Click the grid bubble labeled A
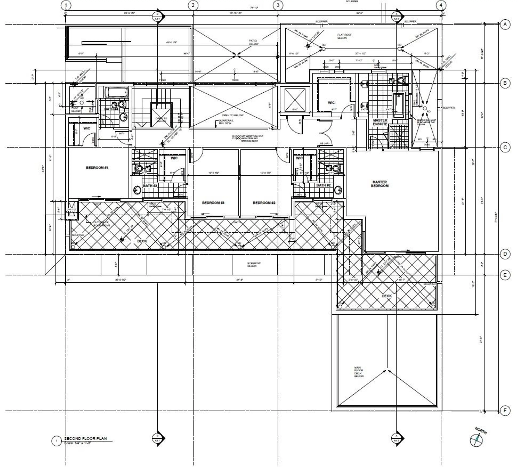pos(505,25)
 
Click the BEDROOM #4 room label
pos(97,168)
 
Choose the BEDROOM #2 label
pos(264,203)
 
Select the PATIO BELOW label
pos(253,42)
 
